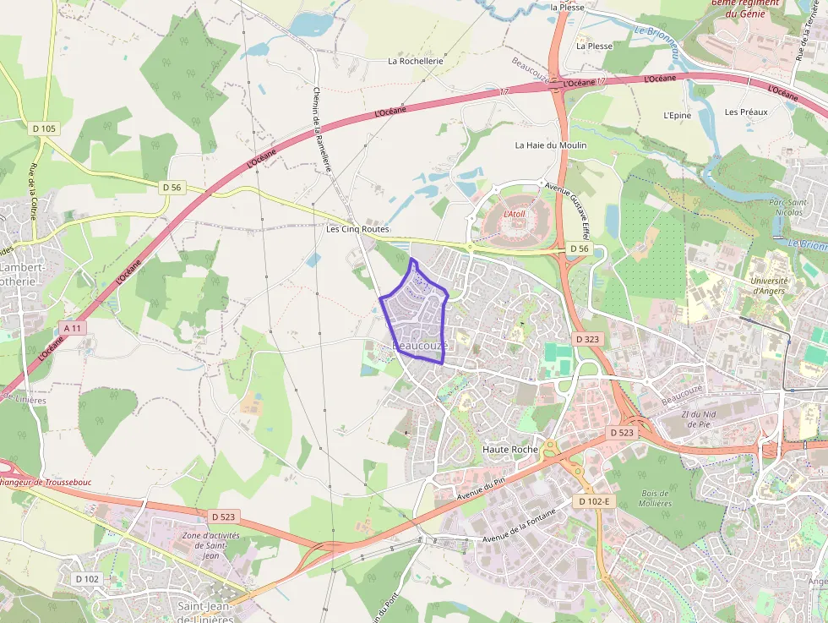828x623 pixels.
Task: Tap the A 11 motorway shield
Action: (x=73, y=328)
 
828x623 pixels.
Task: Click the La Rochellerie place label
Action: (x=415, y=61)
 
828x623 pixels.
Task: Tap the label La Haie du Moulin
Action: (x=551, y=145)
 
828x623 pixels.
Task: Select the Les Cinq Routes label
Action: (x=357, y=229)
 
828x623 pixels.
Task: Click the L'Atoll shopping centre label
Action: (x=515, y=215)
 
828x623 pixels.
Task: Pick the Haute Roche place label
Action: (x=509, y=450)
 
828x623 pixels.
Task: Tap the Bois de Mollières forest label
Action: (x=656, y=498)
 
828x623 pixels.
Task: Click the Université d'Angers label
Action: (x=768, y=287)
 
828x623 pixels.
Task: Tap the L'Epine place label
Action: (x=677, y=115)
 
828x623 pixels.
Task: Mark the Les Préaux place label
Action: (x=746, y=112)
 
